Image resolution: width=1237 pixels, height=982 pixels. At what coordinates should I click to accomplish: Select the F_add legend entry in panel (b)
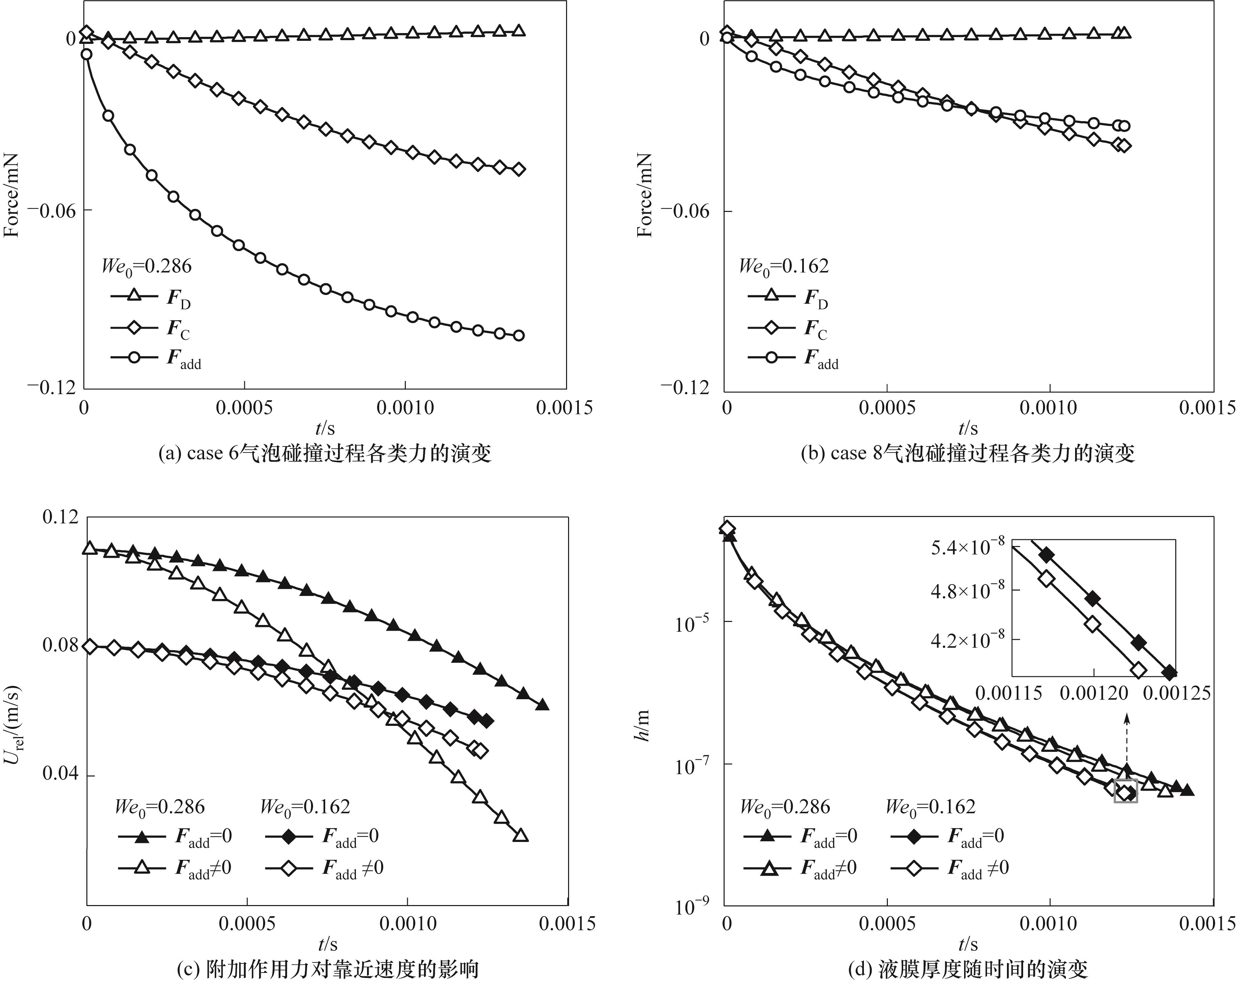793,358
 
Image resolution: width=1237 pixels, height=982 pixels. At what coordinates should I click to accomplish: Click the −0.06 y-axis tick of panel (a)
51,211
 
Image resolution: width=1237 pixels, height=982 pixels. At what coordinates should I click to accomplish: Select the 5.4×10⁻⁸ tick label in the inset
967,548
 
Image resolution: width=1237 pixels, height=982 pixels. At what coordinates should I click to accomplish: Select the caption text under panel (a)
325,454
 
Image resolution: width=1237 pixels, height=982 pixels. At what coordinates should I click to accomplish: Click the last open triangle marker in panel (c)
521,835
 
